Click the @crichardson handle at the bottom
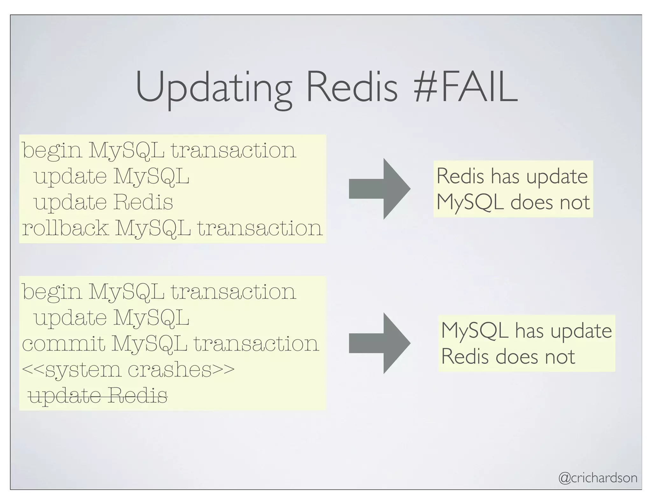(598, 478)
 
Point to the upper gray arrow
(379, 189)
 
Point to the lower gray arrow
(379, 343)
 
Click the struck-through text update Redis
(98, 396)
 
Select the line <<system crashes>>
(128, 370)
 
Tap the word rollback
(65, 228)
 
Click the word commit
(64, 343)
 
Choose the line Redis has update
(512, 176)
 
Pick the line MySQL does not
(513, 202)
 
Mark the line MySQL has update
(526, 330)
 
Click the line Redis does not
(508, 356)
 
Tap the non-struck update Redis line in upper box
(103, 202)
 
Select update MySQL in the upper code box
(111, 176)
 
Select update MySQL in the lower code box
(111, 318)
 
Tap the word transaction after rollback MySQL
(260, 228)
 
